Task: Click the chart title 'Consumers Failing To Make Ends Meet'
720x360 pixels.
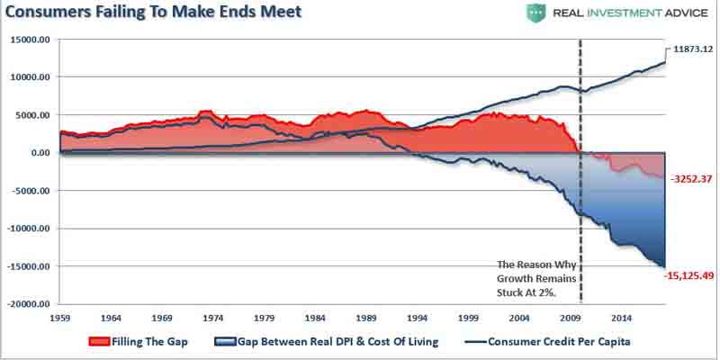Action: (x=153, y=13)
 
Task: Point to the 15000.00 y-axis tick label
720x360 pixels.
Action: (x=31, y=40)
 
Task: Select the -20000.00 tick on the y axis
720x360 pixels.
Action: (x=29, y=305)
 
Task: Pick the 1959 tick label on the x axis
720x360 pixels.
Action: (x=60, y=319)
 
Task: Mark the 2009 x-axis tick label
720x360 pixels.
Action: (x=571, y=319)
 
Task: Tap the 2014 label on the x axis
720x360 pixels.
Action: (x=622, y=319)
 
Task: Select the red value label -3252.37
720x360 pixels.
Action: (x=692, y=180)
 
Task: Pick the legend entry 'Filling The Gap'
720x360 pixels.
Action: (x=148, y=343)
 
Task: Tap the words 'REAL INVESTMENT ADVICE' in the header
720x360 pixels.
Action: (x=617, y=13)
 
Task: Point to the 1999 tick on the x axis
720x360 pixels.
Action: (x=469, y=319)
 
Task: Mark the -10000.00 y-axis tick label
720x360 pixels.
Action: (x=29, y=229)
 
